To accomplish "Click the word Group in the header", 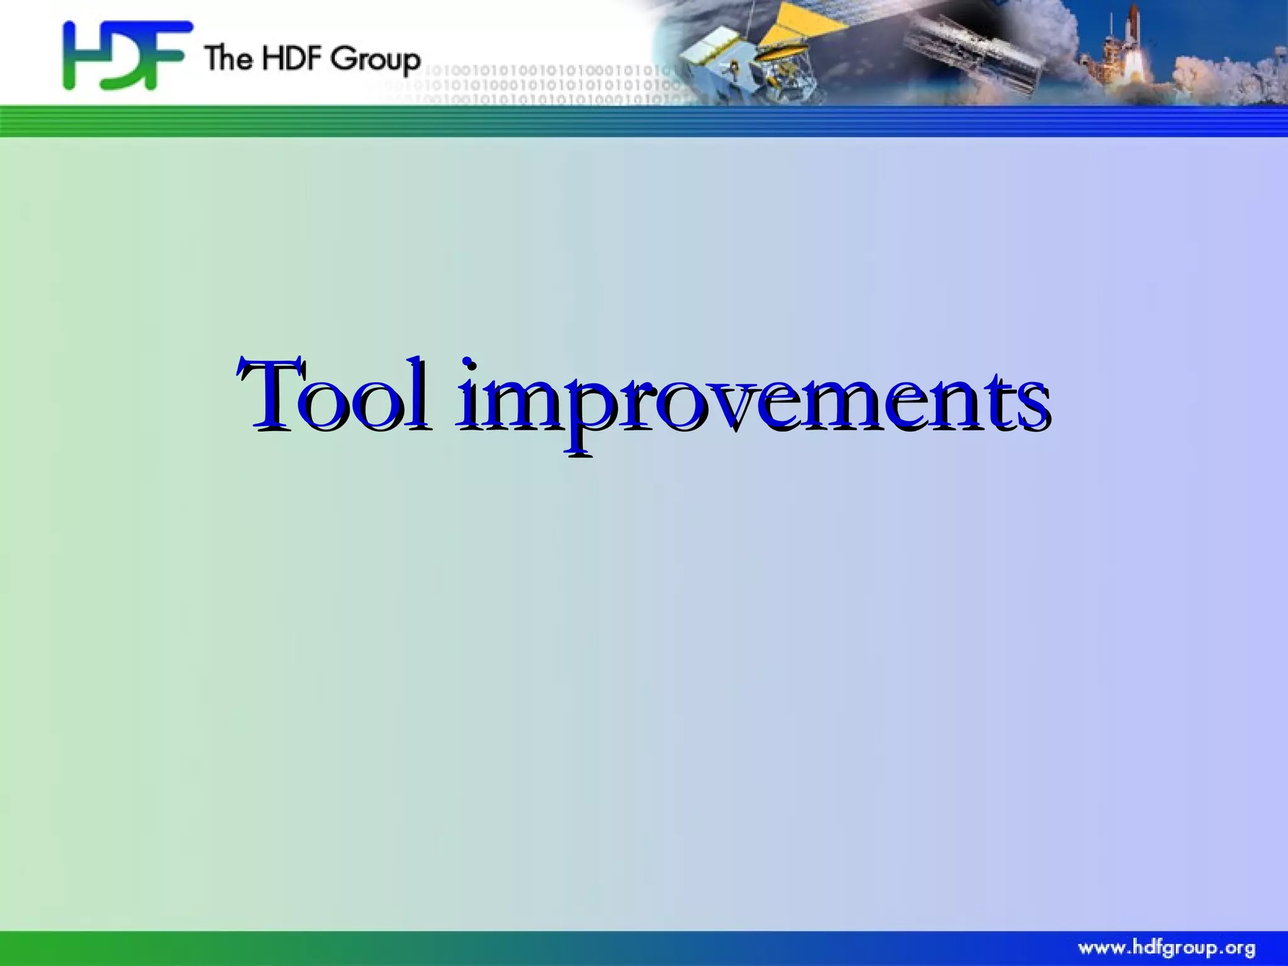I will (x=375, y=59).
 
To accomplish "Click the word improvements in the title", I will (x=752, y=402).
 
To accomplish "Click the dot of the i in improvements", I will (x=469, y=364).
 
